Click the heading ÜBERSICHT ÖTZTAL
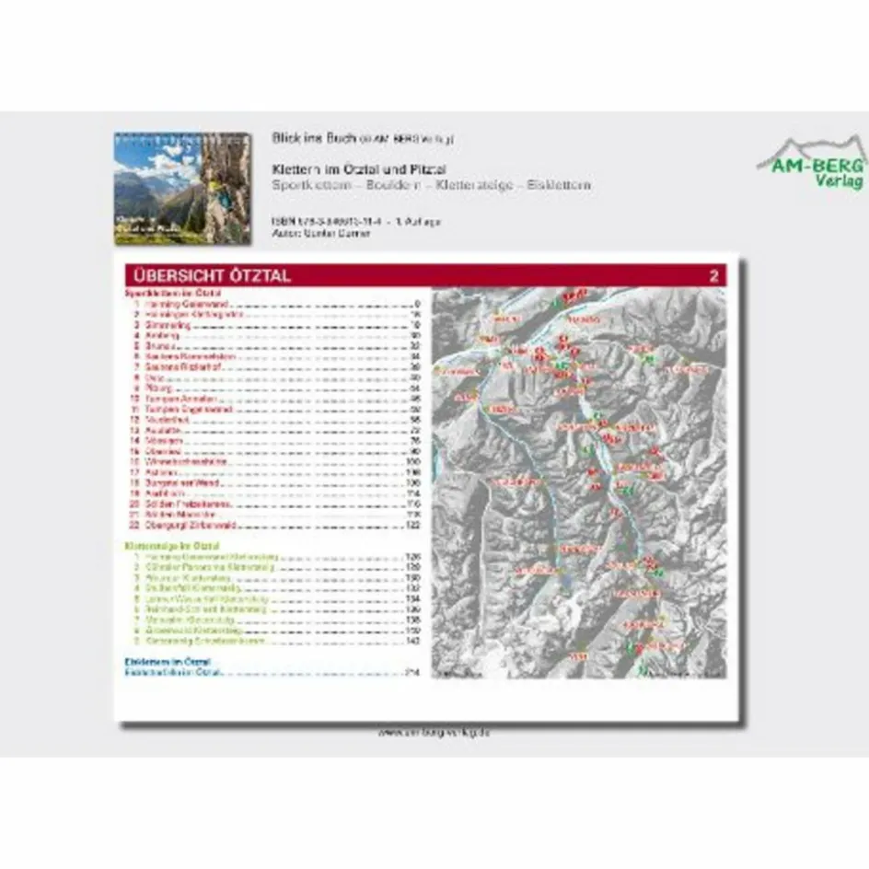[x=212, y=275]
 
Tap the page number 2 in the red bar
[x=713, y=275]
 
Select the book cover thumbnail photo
[x=182, y=189]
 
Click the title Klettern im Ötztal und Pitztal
[x=359, y=169]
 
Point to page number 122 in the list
[x=413, y=524]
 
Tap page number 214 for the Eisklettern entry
[x=413, y=673]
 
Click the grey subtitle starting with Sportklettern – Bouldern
[x=431, y=185]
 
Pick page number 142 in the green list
[x=413, y=641]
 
